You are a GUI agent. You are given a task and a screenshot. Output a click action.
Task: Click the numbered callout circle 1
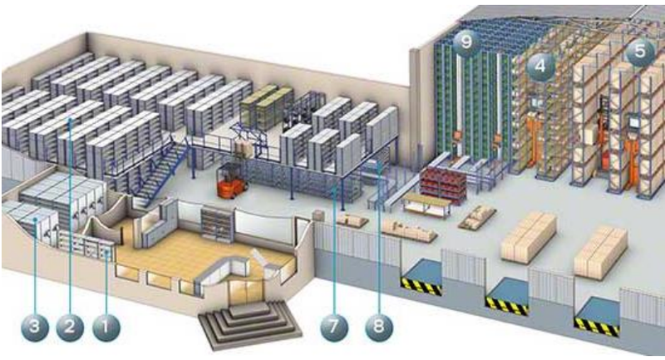(x=106, y=328)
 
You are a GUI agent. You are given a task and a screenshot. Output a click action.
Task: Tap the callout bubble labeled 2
(x=70, y=327)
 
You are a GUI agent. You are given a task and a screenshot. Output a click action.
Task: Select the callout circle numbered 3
(x=35, y=327)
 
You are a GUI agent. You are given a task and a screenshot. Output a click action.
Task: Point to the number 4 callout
(x=540, y=67)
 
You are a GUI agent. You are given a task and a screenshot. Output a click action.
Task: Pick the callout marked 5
(x=640, y=52)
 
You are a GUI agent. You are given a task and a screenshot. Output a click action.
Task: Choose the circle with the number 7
(x=335, y=327)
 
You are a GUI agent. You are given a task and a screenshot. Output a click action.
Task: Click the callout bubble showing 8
(x=379, y=327)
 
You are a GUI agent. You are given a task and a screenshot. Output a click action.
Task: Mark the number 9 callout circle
(x=466, y=42)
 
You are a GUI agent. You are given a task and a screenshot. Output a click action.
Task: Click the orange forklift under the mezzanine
(x=230, y=181)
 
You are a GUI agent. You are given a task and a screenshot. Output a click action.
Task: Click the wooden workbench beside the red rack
(x=427, y=205)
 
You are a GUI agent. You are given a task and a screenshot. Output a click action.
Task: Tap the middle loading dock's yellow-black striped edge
(x=507, y=306)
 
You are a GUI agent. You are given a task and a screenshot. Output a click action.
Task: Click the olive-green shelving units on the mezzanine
(x=266, y=106)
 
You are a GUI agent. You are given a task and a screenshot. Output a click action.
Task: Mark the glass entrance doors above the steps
(x=246, y=293)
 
